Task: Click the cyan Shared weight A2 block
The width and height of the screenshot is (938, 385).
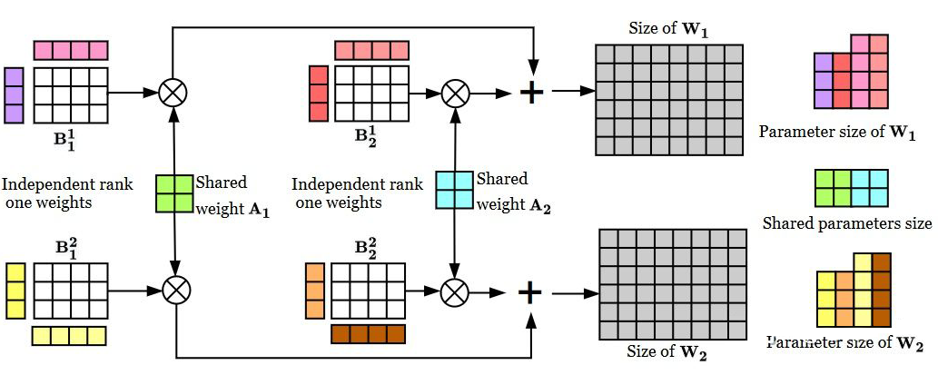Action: [x=453, y=191]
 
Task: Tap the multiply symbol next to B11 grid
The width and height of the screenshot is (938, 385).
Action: [x=173, y=91]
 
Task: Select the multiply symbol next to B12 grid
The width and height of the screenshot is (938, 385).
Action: [x=454, y=91]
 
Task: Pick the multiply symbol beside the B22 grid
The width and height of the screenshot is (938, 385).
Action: [x=453, y=291]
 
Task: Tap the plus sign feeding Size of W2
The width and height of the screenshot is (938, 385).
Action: [x=529, y=291]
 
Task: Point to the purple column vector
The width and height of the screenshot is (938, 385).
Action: [x=14, y=95]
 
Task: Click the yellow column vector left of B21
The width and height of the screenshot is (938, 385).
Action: [x=15, y=291]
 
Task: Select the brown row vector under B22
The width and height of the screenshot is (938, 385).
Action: [x=367, y=333]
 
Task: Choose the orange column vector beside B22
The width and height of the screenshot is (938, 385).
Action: [x=314, y=291]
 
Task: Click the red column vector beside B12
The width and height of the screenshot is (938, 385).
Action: [x=318, y=94]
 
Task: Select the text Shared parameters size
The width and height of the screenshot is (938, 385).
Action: [x=847, y=223]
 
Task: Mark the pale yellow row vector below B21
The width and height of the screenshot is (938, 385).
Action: [x=69, y=335]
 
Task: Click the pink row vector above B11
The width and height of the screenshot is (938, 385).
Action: [x=71, y=49]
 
